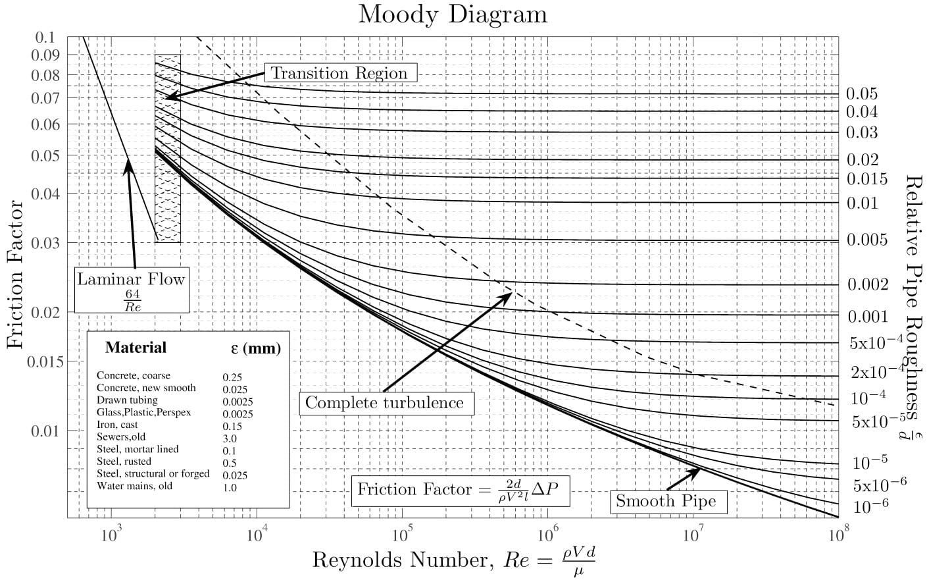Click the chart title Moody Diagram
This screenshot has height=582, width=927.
[x=453, y=14]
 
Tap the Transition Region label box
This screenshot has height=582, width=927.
[x=339, y=73]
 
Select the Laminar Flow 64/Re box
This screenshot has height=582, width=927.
[x=132, y=288]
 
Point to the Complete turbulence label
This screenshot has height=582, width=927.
[x=385, y=403]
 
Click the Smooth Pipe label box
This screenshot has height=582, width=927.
[x=666, y=502]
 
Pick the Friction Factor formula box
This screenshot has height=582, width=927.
[x=460, y=490]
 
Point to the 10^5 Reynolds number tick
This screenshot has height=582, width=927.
[x=401, y=533]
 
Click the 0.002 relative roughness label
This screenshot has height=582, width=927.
[x=868, y=284]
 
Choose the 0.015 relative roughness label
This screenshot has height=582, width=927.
[x=867, y=179]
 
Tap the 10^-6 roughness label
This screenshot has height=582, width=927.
[x=871, y=507]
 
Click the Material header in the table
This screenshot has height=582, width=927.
[x=136, y=348]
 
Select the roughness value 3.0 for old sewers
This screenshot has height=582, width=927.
[x=230, y=438]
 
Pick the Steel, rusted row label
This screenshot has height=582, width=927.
[x=124, y=462]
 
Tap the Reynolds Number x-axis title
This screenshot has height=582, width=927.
[x=454, y=560]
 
